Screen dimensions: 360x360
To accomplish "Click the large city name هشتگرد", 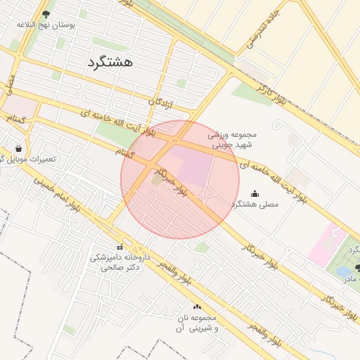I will pos(111,62).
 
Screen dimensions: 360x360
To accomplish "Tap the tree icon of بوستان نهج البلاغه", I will pos(46,13).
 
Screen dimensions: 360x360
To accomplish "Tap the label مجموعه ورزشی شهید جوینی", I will pos(233,138).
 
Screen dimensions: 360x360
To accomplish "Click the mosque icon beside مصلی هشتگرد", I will pos(255,194).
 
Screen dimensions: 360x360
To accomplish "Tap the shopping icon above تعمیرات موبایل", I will pos(18,149).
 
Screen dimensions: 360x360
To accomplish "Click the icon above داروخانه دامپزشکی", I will pos(120,247).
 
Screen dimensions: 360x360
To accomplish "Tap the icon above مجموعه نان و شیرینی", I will pos(197,307).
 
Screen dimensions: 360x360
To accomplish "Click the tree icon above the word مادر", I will pos(357,268).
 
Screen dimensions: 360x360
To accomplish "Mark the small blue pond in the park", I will pos(343,271).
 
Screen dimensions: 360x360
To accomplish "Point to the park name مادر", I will pos(352,279).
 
